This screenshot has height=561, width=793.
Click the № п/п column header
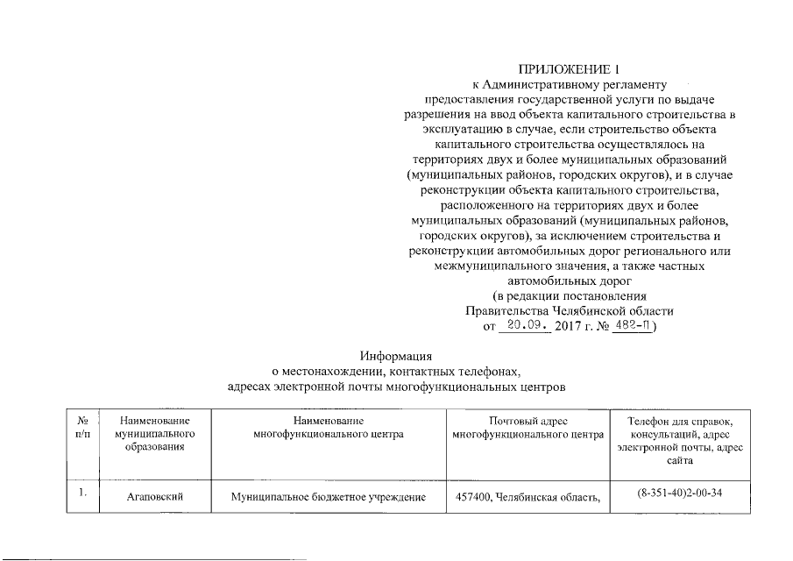tap(83, 429)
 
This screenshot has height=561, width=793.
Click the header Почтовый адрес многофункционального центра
tap(528, 429)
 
